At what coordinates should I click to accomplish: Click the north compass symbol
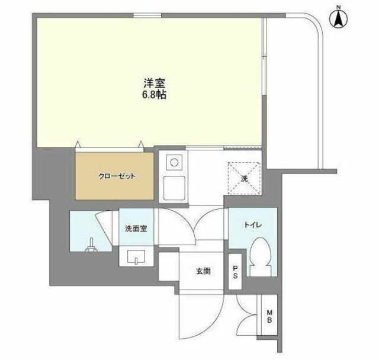[338, 19]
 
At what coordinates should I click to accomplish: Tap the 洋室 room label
[155, 83]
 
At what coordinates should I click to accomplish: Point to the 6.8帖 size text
[154, 95]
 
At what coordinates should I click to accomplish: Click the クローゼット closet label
[117, 176]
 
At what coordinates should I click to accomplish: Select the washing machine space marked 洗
[245, 179]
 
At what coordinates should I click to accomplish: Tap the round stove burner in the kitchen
[174, 162]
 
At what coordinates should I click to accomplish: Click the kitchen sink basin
[174, 188]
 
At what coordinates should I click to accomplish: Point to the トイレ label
[253, 225]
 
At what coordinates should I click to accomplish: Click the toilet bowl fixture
[260, 256]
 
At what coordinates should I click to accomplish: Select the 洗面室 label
[136, 229]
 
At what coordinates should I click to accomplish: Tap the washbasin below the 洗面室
[136, 257]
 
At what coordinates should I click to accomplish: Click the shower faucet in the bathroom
[91, 245]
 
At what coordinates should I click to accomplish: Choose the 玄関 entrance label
[203, 271]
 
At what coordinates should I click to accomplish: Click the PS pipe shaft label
[235, 272]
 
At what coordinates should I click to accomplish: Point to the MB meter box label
[269, 316]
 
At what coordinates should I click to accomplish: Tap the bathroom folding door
[104, 228]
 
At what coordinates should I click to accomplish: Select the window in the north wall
[147, 15]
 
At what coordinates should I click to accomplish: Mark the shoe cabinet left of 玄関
[169, 266]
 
